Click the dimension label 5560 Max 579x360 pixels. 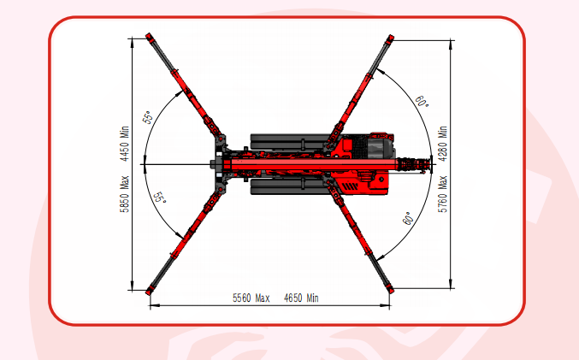[x=251, y=298]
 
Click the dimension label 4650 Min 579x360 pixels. [x=301, y=298]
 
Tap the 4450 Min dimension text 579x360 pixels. [x=125, y=144]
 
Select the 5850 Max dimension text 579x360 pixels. [x=125, y=194]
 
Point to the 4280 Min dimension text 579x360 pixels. [x=443, y=144]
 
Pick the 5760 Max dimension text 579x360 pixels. [x=443, y=194]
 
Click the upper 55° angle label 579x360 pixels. [x=147, y=117]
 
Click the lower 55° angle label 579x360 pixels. [x=160, y=198]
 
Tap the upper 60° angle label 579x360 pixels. [x=422, y=102]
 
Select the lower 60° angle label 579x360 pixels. [x=408, y=219]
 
